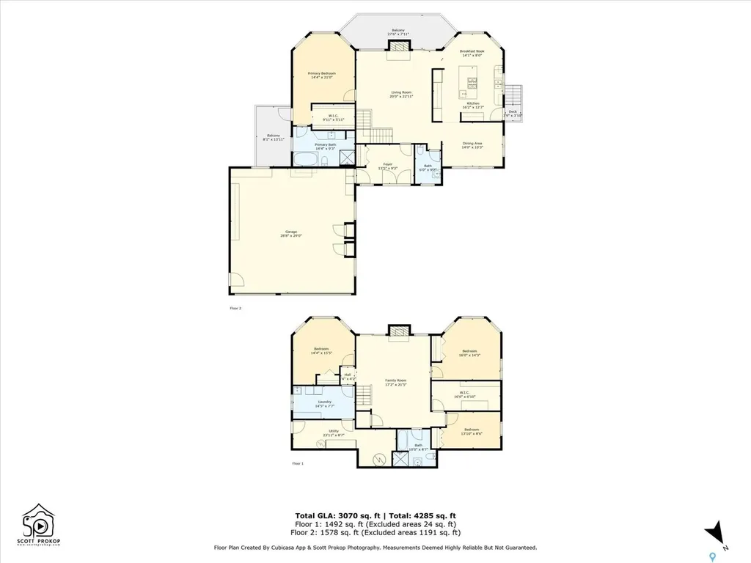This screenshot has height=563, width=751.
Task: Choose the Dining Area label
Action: pyautogui.click(x=472, y=145)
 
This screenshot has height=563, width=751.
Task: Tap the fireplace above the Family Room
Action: pyautogui.click(x=397, y=332)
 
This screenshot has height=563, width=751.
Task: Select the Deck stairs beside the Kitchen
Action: pyautogui.click(x=516, y=96)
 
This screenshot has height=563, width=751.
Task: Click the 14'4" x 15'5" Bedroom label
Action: pyautogui.click(x=321, y=350)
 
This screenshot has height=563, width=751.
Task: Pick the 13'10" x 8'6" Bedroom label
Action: pyautogui.click(x=472, y=431)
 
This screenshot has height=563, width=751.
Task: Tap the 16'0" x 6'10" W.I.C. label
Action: pyautogui.click(x=465, y=395)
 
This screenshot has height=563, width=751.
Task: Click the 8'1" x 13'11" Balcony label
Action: pyautogui.click(x=274, y=137)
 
